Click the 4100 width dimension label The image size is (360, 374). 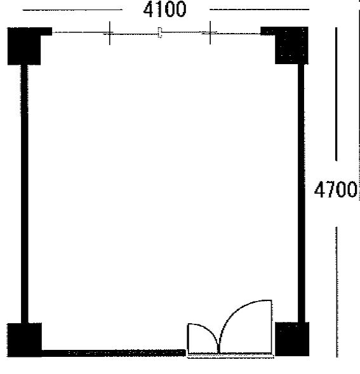(x=164, y=9)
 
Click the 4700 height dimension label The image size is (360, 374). (x=335, y=189)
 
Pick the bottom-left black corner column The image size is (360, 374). (x=24, y=340)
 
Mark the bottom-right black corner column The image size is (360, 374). (x=292, y=339)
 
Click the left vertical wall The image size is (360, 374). (x=25, y=194)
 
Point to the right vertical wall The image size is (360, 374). (x=302, y=193)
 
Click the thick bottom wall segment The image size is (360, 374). (x=114, y=353)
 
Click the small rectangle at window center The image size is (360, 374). (x=160, y=32)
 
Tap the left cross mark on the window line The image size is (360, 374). (x=109, y=33)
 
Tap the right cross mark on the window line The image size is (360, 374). (x=210, y=32)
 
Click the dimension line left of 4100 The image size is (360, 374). (x=72, y=10)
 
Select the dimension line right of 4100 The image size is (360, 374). (x=259, y=10)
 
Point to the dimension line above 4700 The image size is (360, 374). (x=337, y=94)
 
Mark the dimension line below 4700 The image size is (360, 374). (x=337, y=292)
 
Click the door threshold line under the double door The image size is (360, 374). (x=230, y=356)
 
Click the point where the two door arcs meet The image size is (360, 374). (x=218, y=352)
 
